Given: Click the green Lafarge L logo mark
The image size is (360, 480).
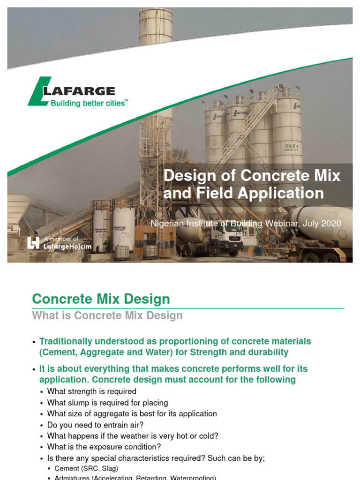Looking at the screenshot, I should pyautogui.click(x=37, y=91).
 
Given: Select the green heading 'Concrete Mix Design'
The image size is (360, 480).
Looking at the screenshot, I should pyautogui.click(x=101, y=299).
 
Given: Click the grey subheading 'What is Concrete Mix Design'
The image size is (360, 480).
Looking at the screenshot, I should pyautogui.click(x=107, y=315).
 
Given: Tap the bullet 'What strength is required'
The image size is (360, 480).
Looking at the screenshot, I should pyautogui.click(x=92, y=391).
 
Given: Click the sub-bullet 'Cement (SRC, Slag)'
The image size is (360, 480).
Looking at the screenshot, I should pyautogui.click(x=86, y=468).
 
